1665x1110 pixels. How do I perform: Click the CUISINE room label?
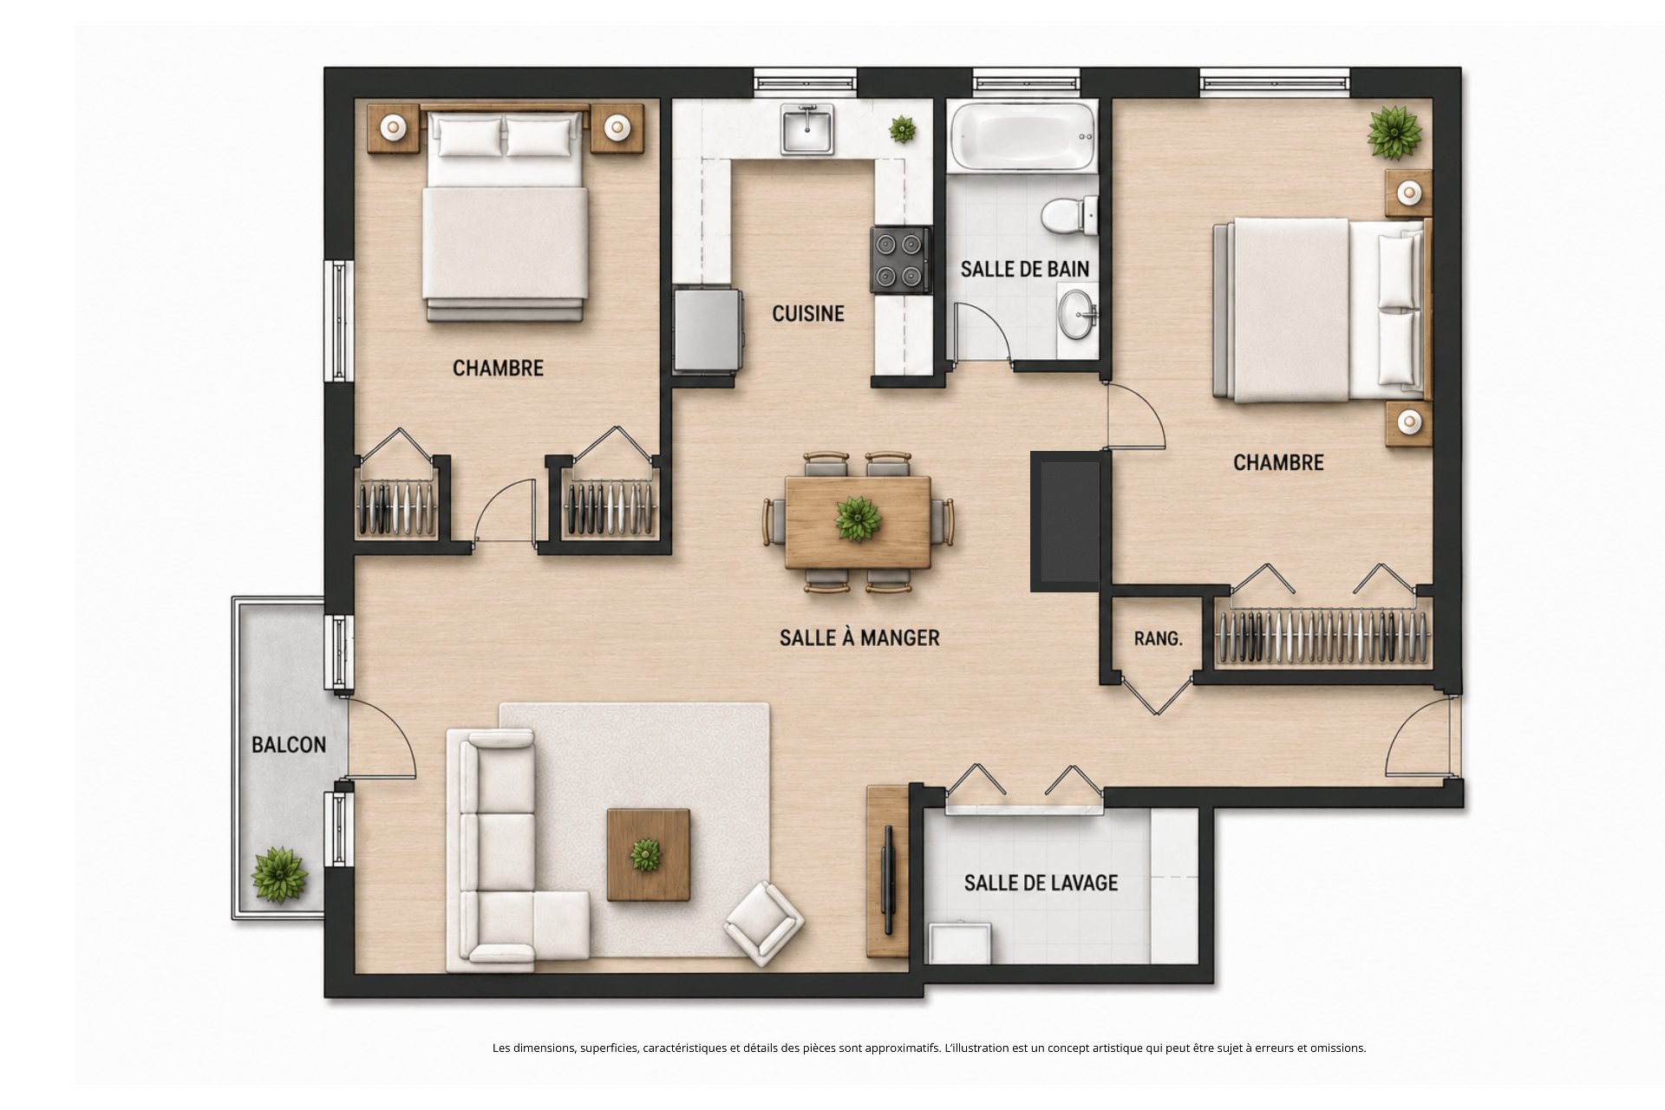click(x=808, y=313)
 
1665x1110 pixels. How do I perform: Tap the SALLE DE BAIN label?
click(x=1025, y=269)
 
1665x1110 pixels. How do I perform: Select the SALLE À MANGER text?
click(x=859, y=637)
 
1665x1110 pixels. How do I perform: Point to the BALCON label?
click(x=289, y=744)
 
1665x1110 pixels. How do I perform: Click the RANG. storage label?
click(x=1158, y=638)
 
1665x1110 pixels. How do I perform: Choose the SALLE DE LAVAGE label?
click(x=1041, y=883)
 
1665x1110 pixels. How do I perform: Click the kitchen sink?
click(x=807, y=128)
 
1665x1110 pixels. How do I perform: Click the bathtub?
click(x=1023, y=136)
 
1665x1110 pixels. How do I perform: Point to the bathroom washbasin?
click(x=1077, y=314)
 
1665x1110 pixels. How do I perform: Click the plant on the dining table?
click(x=858, y=519)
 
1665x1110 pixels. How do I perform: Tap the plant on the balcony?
click(x=279, y=874)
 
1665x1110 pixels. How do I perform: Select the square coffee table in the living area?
click(x=649, y=855)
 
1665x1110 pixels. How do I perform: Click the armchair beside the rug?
click(x=764, y=924)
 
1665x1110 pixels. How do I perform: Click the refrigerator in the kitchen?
click(x=708, y=330)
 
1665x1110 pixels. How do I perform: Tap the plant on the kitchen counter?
click(x=903, y=130)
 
